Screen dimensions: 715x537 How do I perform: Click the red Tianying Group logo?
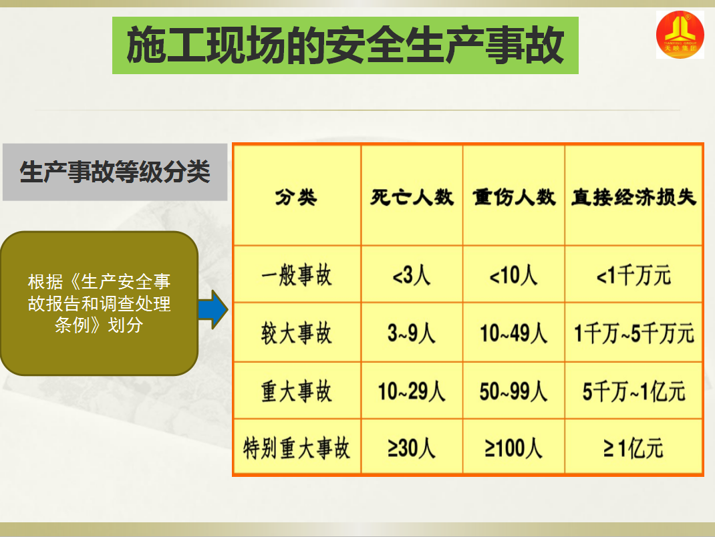[680, 35]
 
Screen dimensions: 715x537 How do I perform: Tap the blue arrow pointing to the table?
[213, 309]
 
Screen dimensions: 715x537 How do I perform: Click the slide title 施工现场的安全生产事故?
[345, 45]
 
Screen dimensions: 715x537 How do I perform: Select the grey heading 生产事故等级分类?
[115, 172]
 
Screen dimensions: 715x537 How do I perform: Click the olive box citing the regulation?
[100, 303]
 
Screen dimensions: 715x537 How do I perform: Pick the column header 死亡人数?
[412, 198]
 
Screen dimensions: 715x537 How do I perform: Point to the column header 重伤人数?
[514, 198]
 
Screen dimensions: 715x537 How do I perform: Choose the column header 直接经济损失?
[634, 198]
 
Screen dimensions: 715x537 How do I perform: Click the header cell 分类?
[297, 198]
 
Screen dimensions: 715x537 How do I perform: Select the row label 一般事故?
[297, 275]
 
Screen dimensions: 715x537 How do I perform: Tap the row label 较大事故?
[297, 333]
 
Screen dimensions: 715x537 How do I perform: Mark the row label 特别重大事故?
[297, 448]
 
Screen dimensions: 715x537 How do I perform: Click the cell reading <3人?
[412, 275]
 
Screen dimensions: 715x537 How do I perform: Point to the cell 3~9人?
[412, 333]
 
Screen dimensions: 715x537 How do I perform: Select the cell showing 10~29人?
[412, 391]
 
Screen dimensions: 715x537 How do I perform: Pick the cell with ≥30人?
[412, 448]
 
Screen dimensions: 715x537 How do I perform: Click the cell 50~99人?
[514, 391]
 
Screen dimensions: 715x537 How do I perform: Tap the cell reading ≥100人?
[514, 448]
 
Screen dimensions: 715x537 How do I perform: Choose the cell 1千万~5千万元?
[634, 333]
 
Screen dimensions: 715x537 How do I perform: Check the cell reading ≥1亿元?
[634, 448]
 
